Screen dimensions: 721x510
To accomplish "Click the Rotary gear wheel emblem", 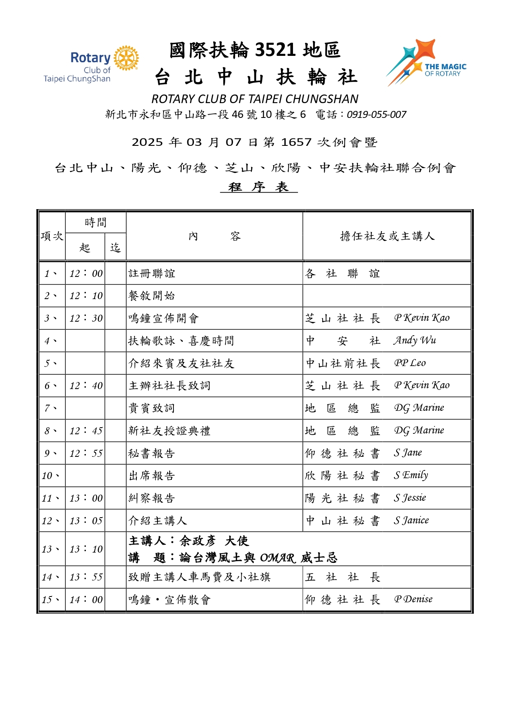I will coord(126,58).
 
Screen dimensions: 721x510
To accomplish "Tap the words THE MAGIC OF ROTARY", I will coord(445,70).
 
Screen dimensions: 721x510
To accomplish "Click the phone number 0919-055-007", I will coord(376,115).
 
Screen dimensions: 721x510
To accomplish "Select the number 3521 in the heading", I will coord(275,50).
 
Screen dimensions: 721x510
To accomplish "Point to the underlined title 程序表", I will coord(258,187).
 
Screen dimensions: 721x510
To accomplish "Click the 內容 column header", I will coord(214,236).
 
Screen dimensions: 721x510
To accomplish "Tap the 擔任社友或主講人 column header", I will coord(387,236).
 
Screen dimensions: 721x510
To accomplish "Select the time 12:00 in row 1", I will coord(86,274).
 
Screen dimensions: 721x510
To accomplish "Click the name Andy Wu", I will coord(415,341).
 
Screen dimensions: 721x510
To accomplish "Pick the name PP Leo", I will coord(410,363).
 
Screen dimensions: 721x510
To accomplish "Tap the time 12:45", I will coord(86,431).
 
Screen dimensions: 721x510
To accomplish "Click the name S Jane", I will coord(408,453).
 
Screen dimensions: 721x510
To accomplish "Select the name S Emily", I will coord(411,476).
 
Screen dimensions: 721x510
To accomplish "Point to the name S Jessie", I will coord(410,498).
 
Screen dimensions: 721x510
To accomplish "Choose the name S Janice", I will coord(411,521).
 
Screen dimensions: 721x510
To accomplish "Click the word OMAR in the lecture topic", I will coord(277,558).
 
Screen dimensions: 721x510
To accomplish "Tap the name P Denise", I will coord(413,599).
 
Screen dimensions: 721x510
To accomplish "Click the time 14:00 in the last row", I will coord(86,600).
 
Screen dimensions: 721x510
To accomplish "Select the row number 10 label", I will coord(50,476).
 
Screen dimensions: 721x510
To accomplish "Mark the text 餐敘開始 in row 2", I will coord(152,296).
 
